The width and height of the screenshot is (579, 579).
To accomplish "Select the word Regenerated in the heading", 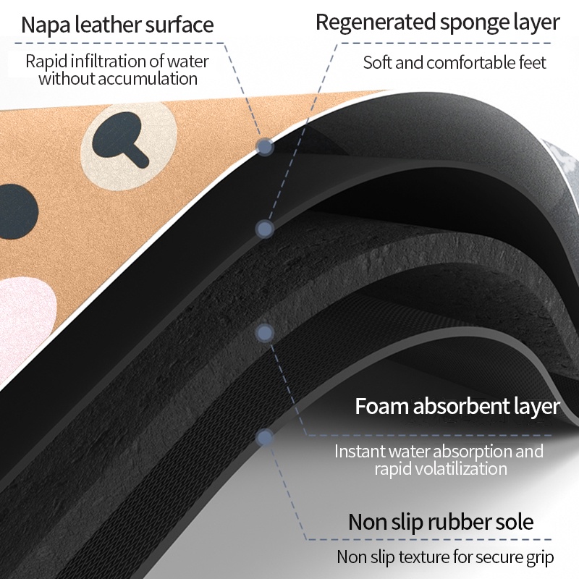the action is pyautogui.click(x=375, y=23).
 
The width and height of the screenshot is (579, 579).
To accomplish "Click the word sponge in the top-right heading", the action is pyautogui.click(x=475, y=24).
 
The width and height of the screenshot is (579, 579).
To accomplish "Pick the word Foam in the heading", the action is pyautogui.click(x=382, y=406).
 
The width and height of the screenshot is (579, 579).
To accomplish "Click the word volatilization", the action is pyautogui.click(x=441, y=468).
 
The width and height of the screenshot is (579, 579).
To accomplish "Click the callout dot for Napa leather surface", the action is pyautogui.click(x=265, y=147).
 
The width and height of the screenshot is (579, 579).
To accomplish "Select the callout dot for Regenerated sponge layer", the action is pyautogui.click(x=265, y=229).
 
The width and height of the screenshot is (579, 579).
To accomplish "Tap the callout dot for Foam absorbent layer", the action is pyautogui.click(x=265, y=333).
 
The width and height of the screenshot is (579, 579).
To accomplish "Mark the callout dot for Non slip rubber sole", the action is pyautogui.click(x=265, y=438).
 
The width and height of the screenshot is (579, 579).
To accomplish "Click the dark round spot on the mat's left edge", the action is pyautogui.click(x=17, y=211).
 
